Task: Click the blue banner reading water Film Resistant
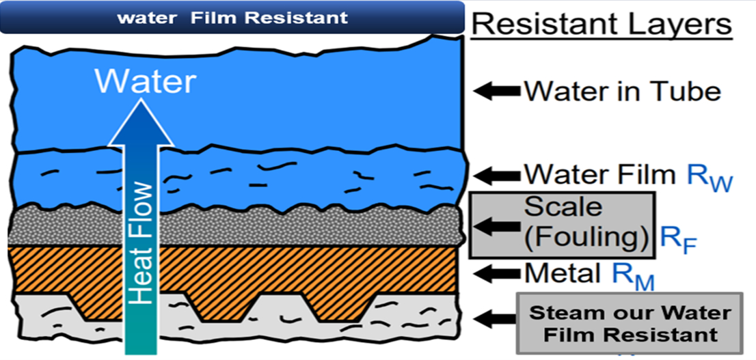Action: (x=232, y=18)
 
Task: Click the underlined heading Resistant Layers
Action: (x=602, y=25)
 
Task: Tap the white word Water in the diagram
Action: (x=145, y=82)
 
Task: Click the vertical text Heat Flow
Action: (x=141, y=243)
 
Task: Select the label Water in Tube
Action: (x=622, y=92)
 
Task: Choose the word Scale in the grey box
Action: (x=563, y=206)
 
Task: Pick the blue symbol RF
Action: (x=677, y=240)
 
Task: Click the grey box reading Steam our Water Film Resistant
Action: (x=630, y=324)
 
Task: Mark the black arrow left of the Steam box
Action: (x=497, y=318)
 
